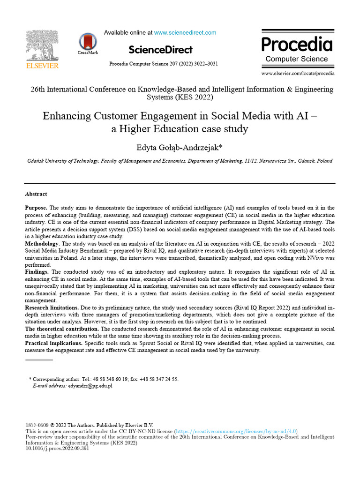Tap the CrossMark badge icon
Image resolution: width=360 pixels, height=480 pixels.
(x=88, y=43)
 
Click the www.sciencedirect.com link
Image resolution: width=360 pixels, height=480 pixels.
(x=185, y=33)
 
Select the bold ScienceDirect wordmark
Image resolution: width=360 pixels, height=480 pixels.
(x=160, y=49)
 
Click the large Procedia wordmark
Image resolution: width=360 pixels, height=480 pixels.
(x=297, y=45)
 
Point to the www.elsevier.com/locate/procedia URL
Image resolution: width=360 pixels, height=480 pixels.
(x=298, y=74)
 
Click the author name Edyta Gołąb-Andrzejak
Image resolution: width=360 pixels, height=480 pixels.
(x=180, y=148)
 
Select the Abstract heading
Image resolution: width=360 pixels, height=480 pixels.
(x=36, y=194)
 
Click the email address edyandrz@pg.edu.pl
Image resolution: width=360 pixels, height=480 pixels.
(x=90, y=386)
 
